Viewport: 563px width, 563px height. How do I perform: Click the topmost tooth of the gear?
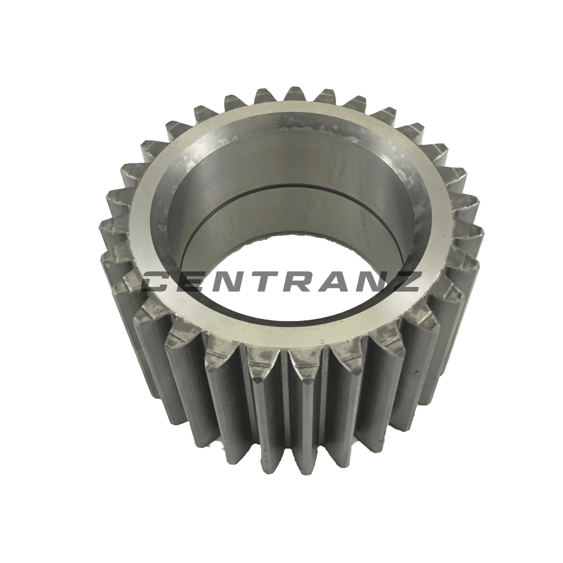[x=297, y=95]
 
